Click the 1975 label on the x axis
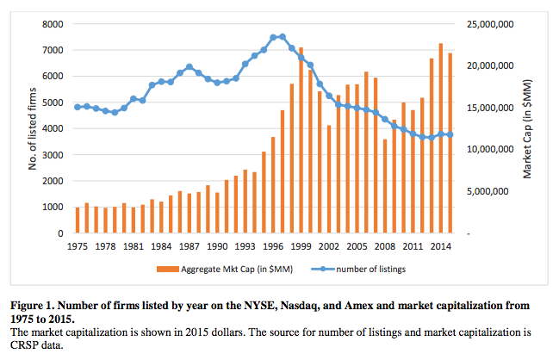point(77,245)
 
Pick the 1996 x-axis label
point(273,245)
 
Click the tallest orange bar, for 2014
point(441,138)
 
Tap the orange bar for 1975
point(78,220)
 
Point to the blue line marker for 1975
point(78,107)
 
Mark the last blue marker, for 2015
point(450,134)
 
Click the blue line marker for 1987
point(189,66)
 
